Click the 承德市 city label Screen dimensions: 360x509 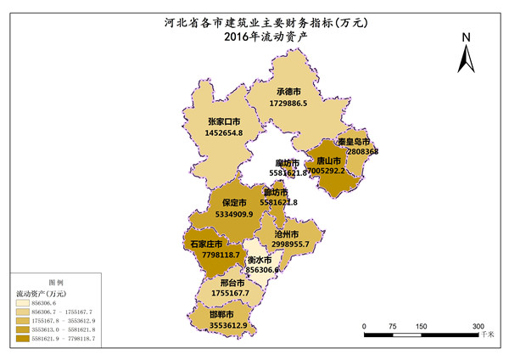pos(289,91)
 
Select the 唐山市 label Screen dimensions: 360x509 pos(328,160)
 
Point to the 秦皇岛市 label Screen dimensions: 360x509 pos(354,141)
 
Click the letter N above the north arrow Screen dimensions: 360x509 pos(466,37)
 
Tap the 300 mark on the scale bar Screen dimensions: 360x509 pos(478,326)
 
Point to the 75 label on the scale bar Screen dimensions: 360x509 pos(393,326)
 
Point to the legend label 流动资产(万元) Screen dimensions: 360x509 pos(40,293)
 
